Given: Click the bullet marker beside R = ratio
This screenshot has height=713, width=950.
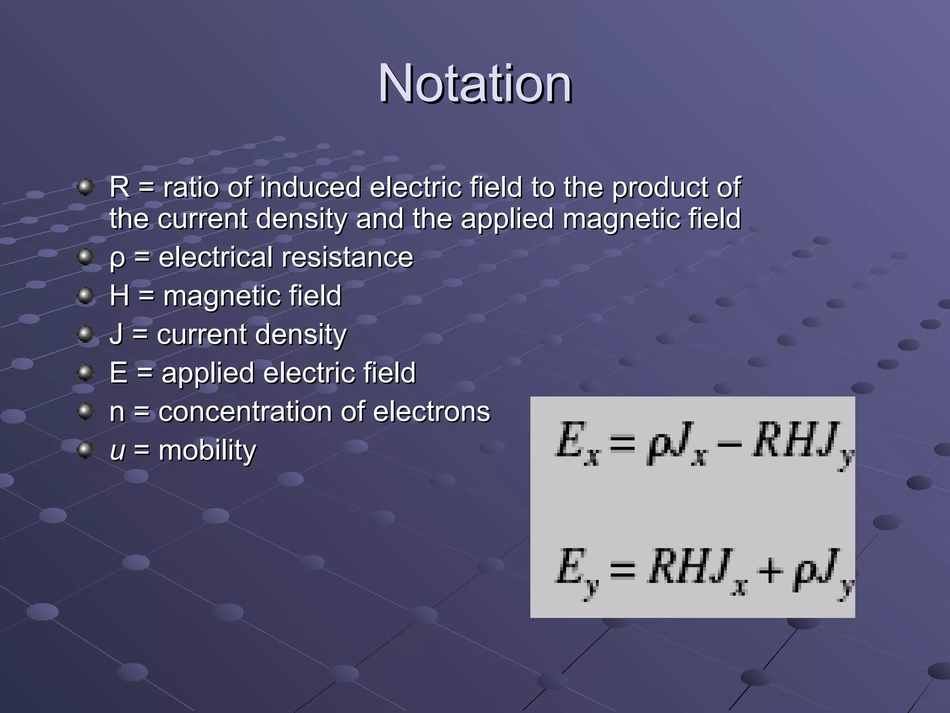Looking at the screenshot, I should point(85,188).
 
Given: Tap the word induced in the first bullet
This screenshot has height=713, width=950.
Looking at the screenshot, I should point(310,188).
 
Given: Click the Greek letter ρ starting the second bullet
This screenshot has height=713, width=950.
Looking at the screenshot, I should point(117,258).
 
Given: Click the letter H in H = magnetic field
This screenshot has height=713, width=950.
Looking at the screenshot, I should point(120,296).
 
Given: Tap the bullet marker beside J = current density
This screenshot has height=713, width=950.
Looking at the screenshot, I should point(85,334).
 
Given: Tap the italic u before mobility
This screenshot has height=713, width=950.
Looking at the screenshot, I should point(117,451).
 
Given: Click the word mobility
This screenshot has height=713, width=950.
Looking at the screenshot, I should point(207,451).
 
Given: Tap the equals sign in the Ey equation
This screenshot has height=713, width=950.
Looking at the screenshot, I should point(623,570).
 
